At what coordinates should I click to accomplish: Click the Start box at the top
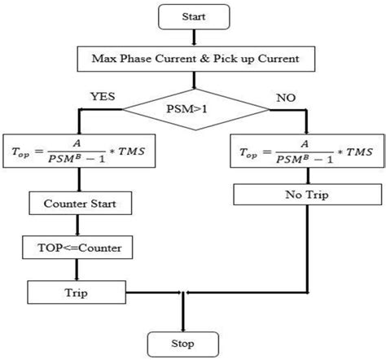193,16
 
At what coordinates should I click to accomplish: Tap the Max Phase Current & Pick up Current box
194,59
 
